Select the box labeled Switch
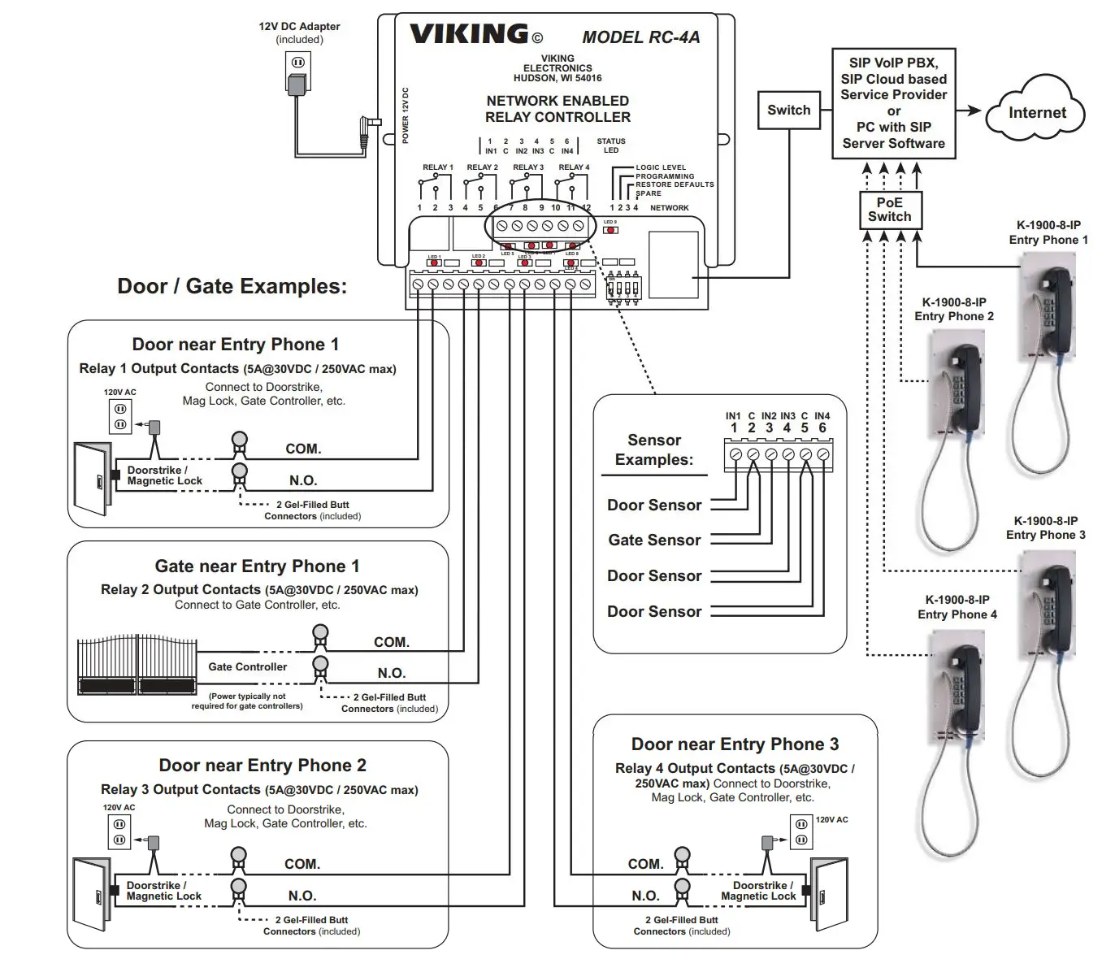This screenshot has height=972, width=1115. pyautogui.click(x=788, y=110)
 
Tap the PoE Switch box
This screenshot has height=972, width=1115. pyautogui.click(x=889, y=210)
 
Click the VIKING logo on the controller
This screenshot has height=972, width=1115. pyautogui.click(x=470, y=34)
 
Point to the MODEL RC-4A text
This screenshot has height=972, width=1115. pyautogui.click(x=640, y=37)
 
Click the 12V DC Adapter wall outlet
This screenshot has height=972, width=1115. pyautogui.click(x=298, y=63)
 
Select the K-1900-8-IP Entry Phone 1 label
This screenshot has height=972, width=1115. pyautogui.click(x=1048, y=232)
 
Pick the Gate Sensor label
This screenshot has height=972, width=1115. pyautogui.click(x=654, y=540)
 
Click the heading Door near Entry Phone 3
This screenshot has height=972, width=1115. pyautogui.click(x=735, y=744)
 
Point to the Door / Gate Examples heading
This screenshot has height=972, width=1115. pyautogui.click(x=232, y=286)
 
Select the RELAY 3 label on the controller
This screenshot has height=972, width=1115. pyautogui.click(x=528, y=167)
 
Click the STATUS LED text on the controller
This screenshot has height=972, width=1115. pyautogui.click(x=611, y=145)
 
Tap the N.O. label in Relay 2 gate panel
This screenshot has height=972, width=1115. pyautogui.click(x=391, y=673)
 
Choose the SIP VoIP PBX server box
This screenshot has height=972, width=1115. pyautogui.click(x=893, y=102)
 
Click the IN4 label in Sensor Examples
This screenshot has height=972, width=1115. pyautogui.click(x=822, y=416)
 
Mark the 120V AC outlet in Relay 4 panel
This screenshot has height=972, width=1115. pyautogui.click(x=801, y=830)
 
